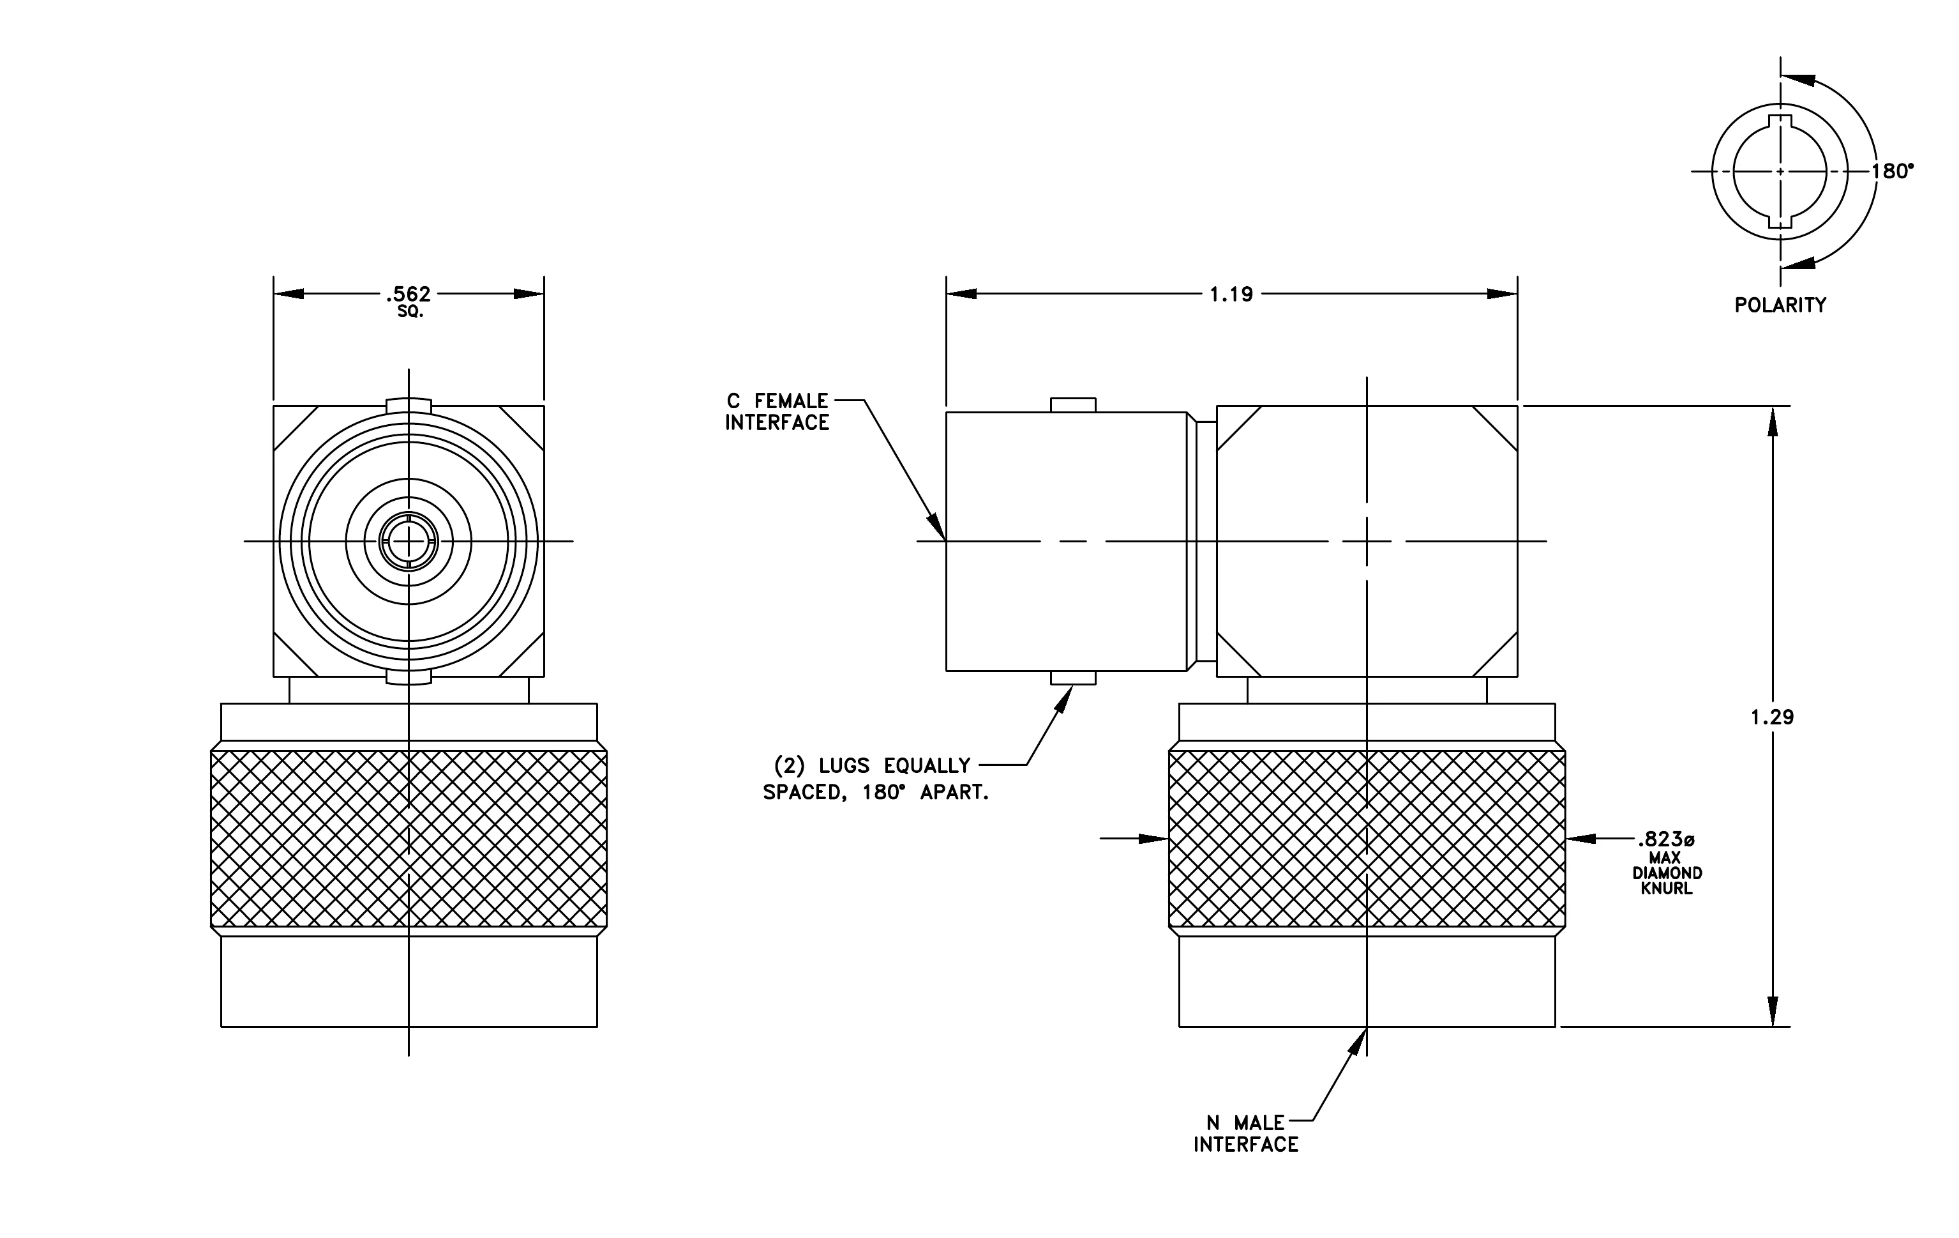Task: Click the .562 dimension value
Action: pos(409,293)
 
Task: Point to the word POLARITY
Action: pos(1780,305)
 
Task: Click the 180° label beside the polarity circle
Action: pos(1892,171)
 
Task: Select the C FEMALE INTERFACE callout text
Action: pos(777,412)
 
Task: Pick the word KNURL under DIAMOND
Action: pos(1666,889)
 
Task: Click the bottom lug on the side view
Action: pos(1073,678)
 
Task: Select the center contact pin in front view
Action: pos(409,540)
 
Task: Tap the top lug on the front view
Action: pos(409,404)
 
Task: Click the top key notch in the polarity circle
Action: pos(1780,121)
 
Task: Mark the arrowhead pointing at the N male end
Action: pos(1358,1042)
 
